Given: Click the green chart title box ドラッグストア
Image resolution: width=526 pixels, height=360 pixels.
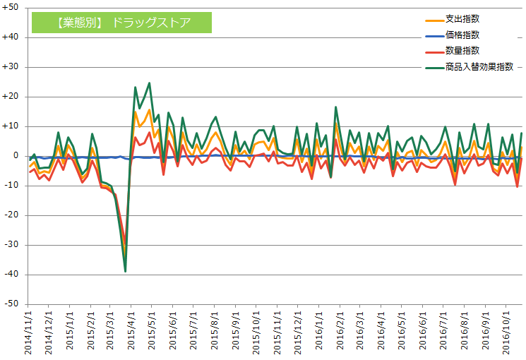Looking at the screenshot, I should (x=121, y=22).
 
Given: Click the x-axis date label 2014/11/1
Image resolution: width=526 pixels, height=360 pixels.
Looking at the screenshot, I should (x=29, y=332).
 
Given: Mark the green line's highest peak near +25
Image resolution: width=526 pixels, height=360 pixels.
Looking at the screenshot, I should (x=149, y=83).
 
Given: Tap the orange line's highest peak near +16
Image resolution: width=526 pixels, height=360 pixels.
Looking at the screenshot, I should (x=149, y=109).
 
